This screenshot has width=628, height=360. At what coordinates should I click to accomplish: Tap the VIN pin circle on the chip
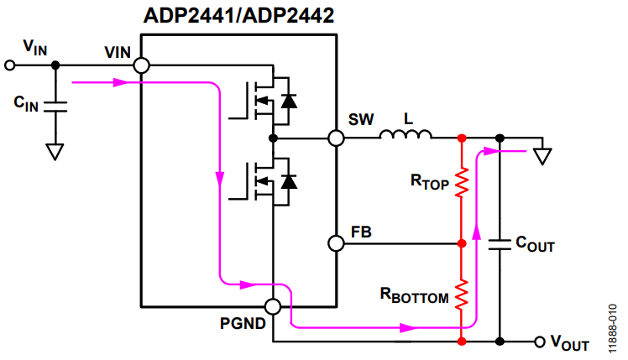(141, 65)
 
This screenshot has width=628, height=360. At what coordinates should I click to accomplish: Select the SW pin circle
(336, 137)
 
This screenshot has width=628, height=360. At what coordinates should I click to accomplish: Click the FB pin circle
(336, 243)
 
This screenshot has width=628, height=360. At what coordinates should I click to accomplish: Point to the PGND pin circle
(273, 307)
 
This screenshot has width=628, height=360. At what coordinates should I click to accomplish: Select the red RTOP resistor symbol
(461, 182)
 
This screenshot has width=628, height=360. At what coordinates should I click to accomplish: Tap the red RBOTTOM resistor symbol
(461, 293)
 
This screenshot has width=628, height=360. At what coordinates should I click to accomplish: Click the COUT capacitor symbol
(500, 243)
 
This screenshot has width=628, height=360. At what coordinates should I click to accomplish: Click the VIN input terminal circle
(11, 65)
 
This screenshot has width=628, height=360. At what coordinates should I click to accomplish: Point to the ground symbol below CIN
(55, 151)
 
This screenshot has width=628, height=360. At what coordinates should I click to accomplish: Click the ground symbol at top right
(543, 155)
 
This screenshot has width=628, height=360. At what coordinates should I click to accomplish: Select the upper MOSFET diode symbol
(289, 101)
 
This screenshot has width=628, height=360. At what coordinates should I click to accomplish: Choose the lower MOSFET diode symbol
(289, 180)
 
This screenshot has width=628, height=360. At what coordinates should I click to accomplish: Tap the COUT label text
(535, 245)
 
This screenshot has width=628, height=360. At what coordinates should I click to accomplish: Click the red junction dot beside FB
(461, 243)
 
